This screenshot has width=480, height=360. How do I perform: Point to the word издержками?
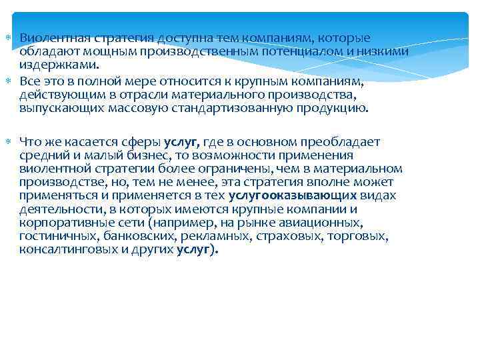[x=58, y=65]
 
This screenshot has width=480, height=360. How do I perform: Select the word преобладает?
[x=341, y=141]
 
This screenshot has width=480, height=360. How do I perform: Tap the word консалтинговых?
[x=62, y=250]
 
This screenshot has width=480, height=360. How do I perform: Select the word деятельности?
[x=56, y=209]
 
